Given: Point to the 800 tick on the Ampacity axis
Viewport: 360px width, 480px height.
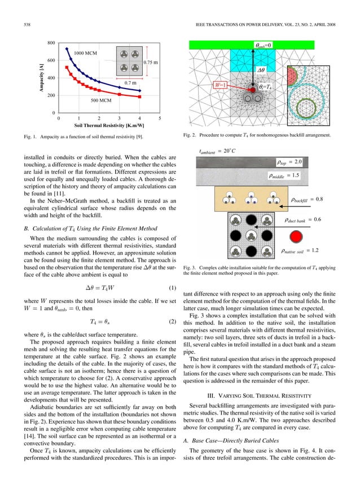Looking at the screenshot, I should coord(51,43).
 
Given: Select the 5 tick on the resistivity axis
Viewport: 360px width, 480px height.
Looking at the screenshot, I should coord(160,119).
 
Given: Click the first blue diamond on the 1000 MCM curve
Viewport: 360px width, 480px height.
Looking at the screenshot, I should coord(67,48).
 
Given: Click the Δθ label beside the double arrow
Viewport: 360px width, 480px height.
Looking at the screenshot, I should coord(261,71).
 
